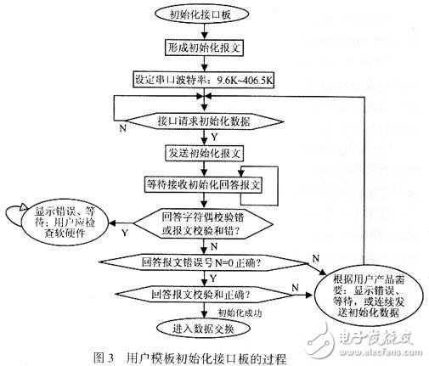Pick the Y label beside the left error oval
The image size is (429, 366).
pyautogui.click(x=127, y=232)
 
